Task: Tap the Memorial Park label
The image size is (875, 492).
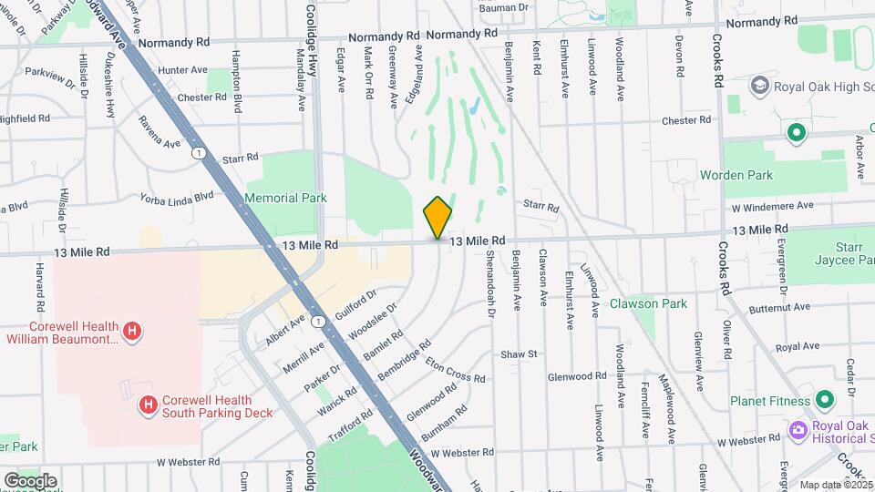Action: click(286, 197)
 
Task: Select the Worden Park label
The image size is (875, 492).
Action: click(736, 175)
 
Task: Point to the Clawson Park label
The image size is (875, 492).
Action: click(648, 303)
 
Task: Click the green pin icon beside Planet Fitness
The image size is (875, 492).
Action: click(825, 400)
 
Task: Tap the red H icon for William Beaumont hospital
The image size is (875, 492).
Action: click(133, 329)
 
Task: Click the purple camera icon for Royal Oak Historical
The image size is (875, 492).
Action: click(798, 429)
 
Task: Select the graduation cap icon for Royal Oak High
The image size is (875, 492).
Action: click(758, 86)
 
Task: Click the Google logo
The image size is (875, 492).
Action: click(30, 480)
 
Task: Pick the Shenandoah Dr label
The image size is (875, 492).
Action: click(489, 283)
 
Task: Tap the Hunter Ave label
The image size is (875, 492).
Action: click(182, 70)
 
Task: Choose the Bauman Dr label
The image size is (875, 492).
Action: click(503, 6)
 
